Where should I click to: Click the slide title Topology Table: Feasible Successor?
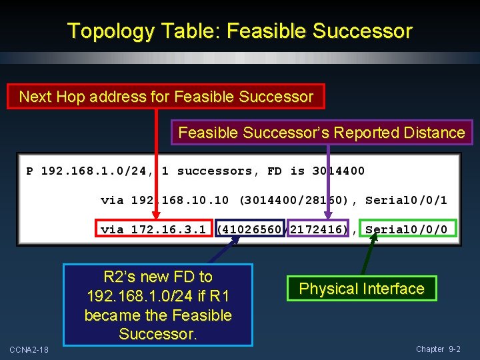coord(240,31)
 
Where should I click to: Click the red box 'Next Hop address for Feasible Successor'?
coord(165,97)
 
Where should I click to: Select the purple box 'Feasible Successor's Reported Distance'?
coord(321,133)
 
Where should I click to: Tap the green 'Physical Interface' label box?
coord(361,289)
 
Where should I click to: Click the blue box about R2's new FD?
coord(158,305)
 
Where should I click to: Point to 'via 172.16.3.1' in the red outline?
coord(154,229)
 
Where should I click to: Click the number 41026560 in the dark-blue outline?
coord(251,229)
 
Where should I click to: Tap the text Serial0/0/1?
coord(406,200)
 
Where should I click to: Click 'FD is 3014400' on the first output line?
coord(316,171)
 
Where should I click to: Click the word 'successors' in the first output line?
coord(215,171)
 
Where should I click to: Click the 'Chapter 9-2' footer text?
coord(438,349)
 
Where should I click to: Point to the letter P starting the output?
coord(30,171)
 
